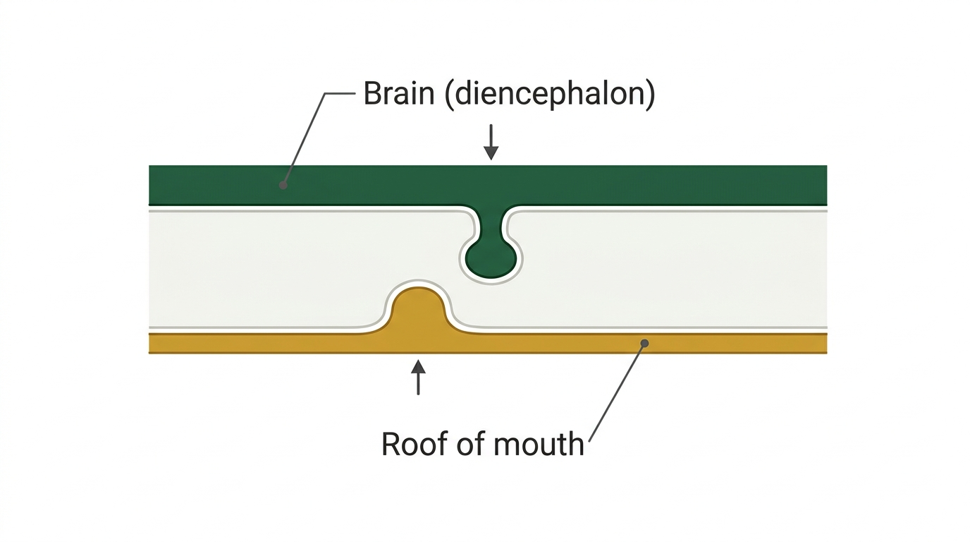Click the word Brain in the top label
click(399, 93)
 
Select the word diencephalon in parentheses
click(550, 95)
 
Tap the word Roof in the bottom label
click(412, 444)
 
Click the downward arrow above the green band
click(491, 143)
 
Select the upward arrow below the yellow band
click(418, 378)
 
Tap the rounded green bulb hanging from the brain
click(491, 259)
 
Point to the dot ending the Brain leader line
click(283, 185)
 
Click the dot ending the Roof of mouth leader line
click(644, 344)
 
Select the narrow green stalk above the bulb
click(491, 223)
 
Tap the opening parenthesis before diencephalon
click(450, 95)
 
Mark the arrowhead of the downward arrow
click(491, 153)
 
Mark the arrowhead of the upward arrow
click(418, 366)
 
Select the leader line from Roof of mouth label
click(617, 392)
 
